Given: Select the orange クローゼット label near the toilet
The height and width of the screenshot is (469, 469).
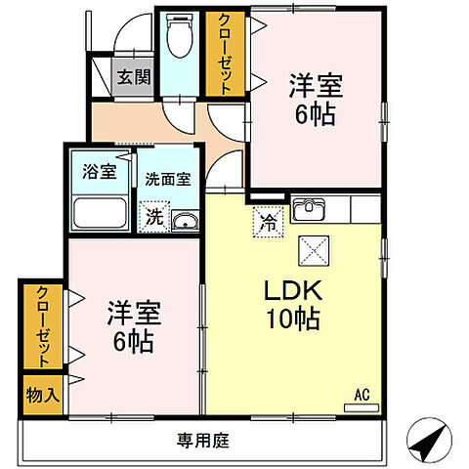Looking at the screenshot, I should click(225, 54).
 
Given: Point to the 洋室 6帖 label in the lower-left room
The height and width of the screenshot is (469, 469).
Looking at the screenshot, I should click(134, 327).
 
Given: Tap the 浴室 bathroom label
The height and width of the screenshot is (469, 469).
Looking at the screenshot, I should click(100, 171).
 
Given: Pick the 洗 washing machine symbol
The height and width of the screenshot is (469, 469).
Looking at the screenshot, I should click(154, 218).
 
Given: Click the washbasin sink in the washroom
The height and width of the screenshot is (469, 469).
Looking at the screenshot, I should click(183, 221).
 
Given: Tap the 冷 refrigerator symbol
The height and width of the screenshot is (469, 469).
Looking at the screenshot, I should click(267, 221).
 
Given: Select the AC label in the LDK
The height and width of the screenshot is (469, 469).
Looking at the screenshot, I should click(362, 395).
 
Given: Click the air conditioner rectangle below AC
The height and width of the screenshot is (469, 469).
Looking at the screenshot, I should click(362, 407).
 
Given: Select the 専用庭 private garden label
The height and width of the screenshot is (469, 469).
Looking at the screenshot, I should click(202, 441).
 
